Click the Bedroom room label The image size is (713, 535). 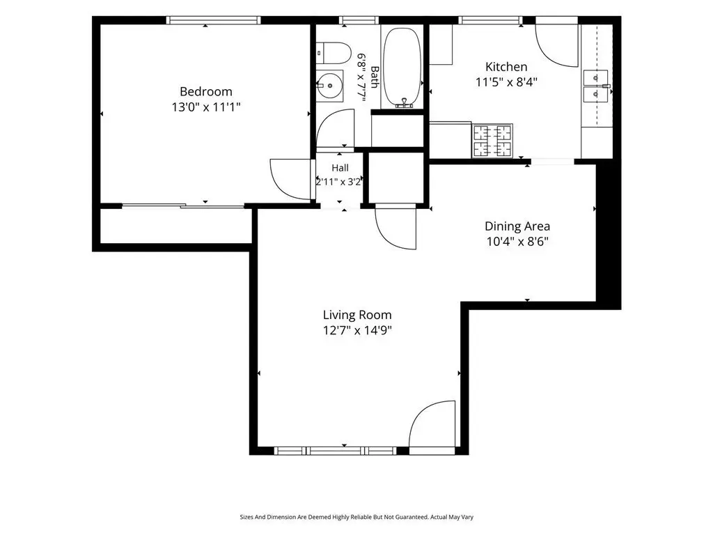pos(206,91)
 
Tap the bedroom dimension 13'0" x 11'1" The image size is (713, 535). pos(206,107)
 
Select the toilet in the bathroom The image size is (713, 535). pos(334,53)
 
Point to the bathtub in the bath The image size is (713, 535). pos(402,68)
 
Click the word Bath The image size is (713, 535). pos(375,77)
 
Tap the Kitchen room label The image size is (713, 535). pos(506,67)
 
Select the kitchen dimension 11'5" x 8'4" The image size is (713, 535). pos(507,82)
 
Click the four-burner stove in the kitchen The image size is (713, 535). pos(492,141)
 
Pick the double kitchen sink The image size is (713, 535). pos(596,86)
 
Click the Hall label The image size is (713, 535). pos(340,168)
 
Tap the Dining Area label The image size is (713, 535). pos(517,226)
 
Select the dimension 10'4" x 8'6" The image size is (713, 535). pos(517,242)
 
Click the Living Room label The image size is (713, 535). pos(357,315)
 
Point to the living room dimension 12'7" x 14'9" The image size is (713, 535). pos(357,330)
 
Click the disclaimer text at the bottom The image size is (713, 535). pos(356,517)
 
